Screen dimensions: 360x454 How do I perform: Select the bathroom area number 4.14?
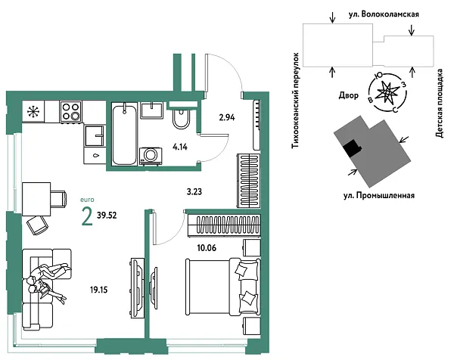pos(180,147)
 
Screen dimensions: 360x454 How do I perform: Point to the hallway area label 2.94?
pos(228,118)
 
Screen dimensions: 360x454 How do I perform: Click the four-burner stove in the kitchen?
pos(70,113)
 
